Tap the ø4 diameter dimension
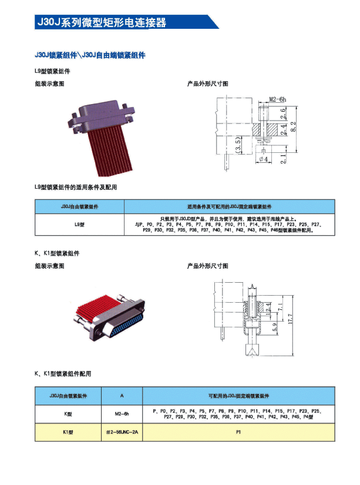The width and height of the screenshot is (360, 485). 264,159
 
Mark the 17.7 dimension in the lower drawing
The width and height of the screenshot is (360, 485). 291,318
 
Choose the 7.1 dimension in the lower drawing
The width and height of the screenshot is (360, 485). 280,306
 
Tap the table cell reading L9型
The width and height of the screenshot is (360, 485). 79,225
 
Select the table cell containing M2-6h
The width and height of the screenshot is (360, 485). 122,414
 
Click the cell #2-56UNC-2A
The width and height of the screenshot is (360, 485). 122,433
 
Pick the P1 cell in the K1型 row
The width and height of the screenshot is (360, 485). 238,433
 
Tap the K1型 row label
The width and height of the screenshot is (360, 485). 68,433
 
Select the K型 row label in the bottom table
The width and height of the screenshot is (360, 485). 68,414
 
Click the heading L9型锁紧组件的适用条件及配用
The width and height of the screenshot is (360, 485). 76,187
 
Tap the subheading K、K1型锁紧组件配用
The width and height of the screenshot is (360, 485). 63,374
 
